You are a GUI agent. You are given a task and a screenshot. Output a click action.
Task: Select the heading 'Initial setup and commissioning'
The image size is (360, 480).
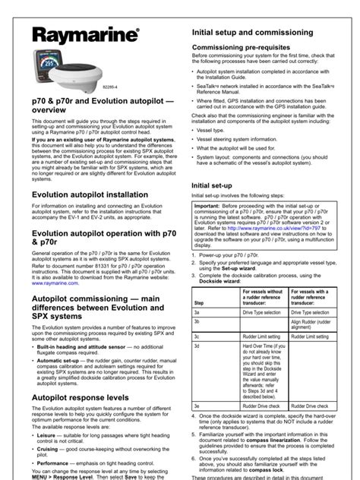coord(251,33)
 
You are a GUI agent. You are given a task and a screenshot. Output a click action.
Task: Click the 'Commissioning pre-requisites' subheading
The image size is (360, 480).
coord(242,48)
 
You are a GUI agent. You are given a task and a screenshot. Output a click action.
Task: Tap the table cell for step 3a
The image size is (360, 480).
coord(216,312)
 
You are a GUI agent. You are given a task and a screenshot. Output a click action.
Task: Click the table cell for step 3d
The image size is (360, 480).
coord(216,344)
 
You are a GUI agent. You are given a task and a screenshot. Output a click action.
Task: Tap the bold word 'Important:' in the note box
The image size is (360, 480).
coord(210,206)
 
